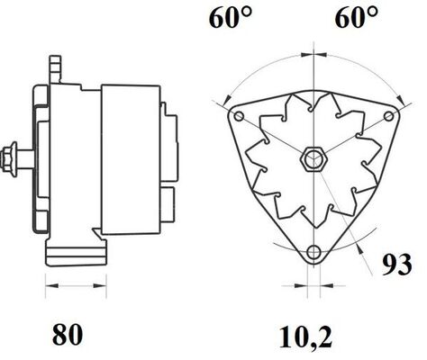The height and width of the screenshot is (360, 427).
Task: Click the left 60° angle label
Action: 231,18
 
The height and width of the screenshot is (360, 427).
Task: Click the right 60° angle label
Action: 357,18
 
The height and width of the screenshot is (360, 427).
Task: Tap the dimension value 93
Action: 396,265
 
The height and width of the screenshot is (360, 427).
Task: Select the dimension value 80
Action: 68,335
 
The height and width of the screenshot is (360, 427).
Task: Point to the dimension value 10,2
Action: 305,337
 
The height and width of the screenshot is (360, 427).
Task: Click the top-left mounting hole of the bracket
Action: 239,116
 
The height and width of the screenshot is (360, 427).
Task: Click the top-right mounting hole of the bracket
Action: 389,116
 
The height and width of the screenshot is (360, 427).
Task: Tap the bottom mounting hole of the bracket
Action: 314,251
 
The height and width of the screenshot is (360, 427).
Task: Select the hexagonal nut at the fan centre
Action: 314,158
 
